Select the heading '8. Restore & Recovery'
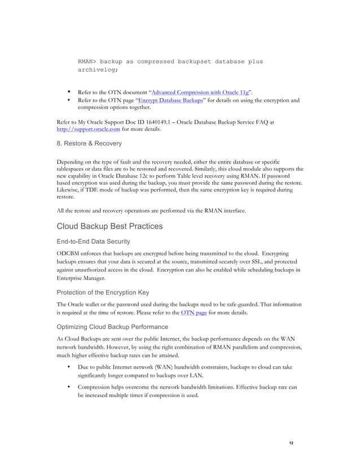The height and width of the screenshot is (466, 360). pyautogui.click(x=89, y=144)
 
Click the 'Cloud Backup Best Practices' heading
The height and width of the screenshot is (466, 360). pyautogui.click(x=109, y=226)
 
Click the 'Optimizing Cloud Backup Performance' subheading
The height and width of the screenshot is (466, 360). pyautogui.click(x=112, y=327)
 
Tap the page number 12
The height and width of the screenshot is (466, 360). pyautogui.click(x=291, y=443)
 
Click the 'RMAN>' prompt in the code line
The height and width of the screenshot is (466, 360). pyautogui.click(x=89, y=61)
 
